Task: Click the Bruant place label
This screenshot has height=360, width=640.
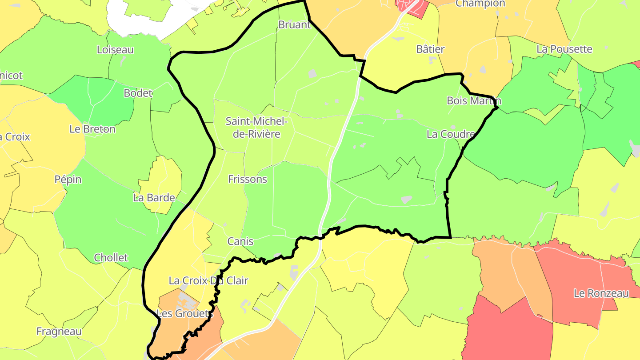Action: tap(294, 24)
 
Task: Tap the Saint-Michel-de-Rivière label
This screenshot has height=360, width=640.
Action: tap(257, 127)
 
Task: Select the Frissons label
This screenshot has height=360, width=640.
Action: tap(248, 179)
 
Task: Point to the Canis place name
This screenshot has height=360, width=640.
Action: tap(240, 241)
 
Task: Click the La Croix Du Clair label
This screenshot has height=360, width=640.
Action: tap(208, 281)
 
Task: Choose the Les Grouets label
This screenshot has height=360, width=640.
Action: tap(185, 313)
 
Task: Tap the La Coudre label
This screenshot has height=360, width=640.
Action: tap(451, 134)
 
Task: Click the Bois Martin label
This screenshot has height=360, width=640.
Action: tap(474, 100)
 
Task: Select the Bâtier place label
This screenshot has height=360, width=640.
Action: tap(430, 49)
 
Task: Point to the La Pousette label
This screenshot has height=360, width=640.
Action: tap(564, 49)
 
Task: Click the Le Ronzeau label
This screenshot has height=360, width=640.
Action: tap(601, 293)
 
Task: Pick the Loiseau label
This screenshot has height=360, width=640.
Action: tap(115, 50)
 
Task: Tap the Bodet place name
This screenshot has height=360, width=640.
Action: tap(138, 93)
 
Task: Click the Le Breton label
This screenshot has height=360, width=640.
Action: tap(92, 129)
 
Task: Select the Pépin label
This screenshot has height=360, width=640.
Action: tap(68, 180)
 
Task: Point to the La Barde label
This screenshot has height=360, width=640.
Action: tap(154, 198)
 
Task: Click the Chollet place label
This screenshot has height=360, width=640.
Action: tap(111, 258)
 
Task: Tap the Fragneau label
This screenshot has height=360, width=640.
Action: tap(59, 332)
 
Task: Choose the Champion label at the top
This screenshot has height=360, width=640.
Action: tap(480, 4)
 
